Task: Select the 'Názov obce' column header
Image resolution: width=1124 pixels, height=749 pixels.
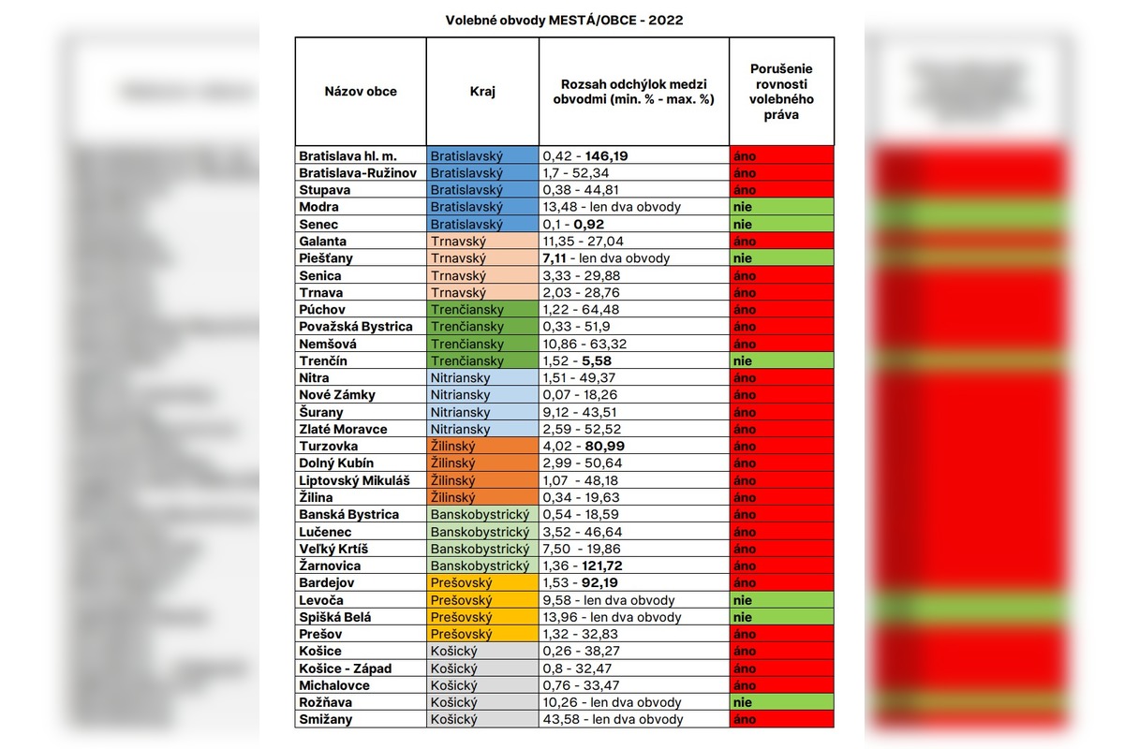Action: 361,92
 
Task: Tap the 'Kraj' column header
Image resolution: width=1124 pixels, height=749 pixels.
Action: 482,92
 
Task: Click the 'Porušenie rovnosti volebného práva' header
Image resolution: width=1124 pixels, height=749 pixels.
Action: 781,92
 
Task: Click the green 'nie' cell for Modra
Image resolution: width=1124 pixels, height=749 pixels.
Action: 781,207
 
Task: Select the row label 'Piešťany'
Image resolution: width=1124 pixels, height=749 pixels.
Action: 326,258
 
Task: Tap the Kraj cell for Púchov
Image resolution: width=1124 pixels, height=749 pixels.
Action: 482,310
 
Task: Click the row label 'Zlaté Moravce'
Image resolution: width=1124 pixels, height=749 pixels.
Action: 343,429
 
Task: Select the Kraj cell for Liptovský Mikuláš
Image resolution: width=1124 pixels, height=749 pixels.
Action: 482,480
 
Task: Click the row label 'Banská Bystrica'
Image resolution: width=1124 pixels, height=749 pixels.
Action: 348,515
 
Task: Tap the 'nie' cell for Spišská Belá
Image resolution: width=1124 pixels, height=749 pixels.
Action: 781,618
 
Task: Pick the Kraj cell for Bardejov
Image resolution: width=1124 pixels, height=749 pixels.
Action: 482,583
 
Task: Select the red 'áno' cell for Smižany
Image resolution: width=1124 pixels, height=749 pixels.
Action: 781,720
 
